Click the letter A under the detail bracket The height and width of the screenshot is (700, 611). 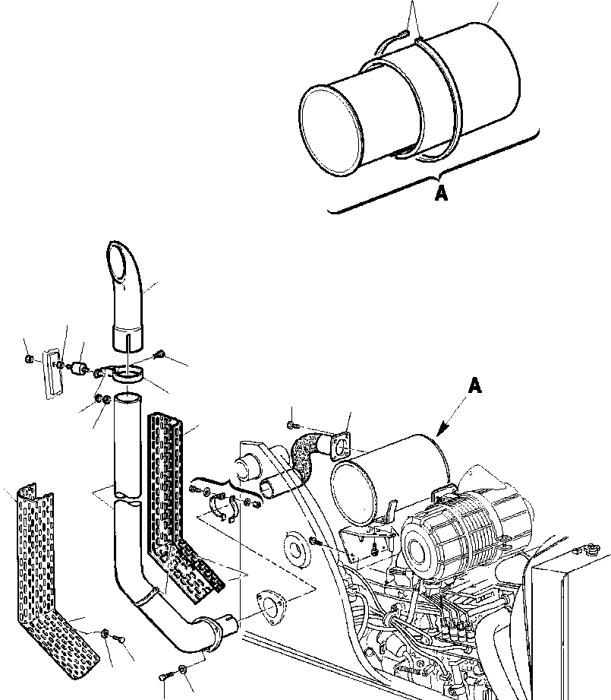441,194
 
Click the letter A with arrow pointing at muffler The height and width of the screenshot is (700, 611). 474,387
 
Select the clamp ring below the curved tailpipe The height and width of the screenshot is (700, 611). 131,372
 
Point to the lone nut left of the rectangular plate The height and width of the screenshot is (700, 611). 28,358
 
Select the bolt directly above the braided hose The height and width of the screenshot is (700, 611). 294,423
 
